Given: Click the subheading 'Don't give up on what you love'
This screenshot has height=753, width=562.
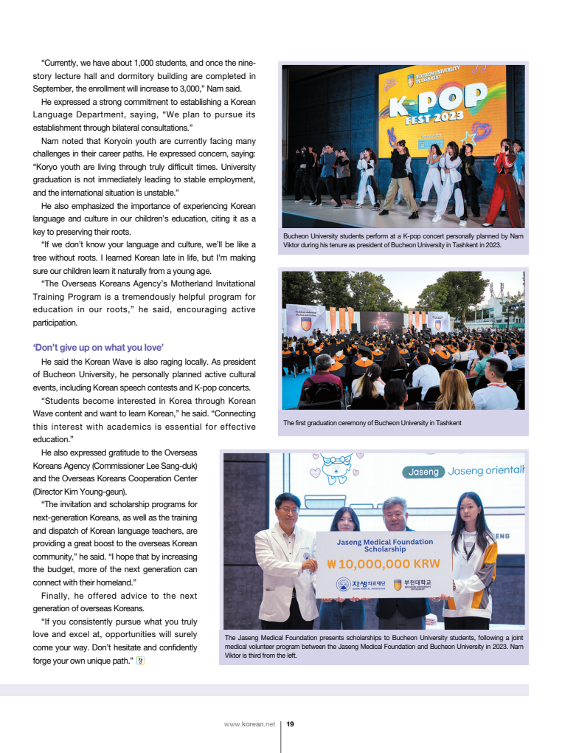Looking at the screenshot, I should (98, 347).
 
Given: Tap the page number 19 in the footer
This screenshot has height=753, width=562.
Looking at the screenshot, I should (291, 724).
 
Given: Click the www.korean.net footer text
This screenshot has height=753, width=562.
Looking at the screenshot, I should (249, 724).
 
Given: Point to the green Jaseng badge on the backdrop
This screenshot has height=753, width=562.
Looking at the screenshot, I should (423, 472).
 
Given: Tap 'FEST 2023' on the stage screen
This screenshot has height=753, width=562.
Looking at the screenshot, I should (434, 118).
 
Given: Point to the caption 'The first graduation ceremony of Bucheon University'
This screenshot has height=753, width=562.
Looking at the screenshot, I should (372, 423).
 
